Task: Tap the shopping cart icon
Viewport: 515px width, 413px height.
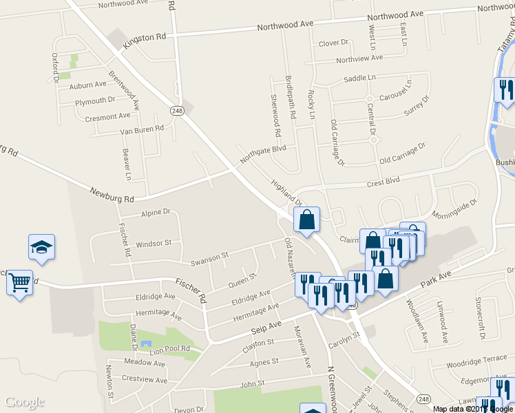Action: [19, 282]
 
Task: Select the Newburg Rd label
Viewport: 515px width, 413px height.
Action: [111, 194]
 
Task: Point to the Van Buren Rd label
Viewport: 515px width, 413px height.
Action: [142, 129]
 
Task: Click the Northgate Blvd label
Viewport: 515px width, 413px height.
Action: [262, 153]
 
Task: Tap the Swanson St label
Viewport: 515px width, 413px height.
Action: [209, 258]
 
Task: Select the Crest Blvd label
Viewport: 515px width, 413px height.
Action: [383, 182]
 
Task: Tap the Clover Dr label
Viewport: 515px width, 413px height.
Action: [333, 43]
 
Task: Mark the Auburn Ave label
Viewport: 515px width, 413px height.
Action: [88, 85]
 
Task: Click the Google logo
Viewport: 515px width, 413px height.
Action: [25, 402]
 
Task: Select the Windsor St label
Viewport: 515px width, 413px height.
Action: [154, 244]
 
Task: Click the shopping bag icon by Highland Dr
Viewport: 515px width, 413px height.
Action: [307, 220]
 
